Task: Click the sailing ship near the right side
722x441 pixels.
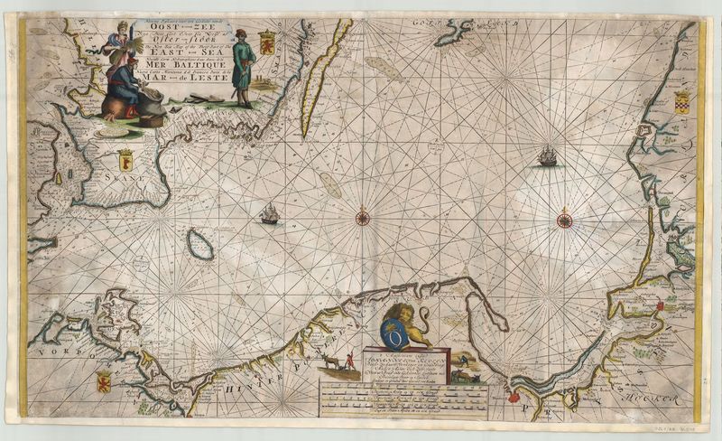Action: pyautogui.click(x=548, y=157)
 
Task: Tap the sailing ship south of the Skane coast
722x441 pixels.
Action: pyautogui.click(x=269, y=213)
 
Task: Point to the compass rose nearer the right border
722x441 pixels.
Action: pyautogui.click(x=565, y=219)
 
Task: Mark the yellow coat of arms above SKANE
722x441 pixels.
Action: pyautogui.click(x=125, y=160)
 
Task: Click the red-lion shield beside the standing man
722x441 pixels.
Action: pyautogui.click(x=267, y=42)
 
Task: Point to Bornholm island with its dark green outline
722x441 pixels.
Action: pyautogui.click(x=199, y=243)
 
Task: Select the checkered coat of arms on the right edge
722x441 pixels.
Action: pyautogui.click(x=681, y=100)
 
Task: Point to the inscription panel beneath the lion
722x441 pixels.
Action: pyautogui.click(x=404, y=371)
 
